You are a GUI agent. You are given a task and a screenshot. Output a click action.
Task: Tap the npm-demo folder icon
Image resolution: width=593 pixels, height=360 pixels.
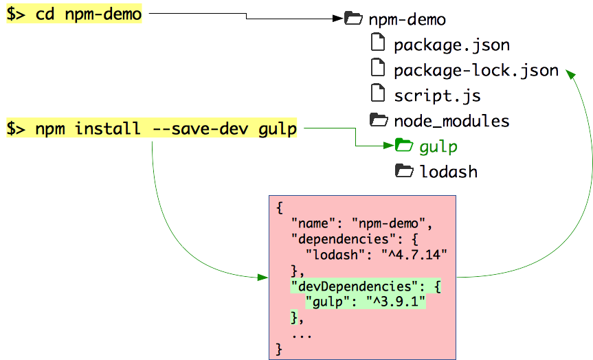[x=353, y=19]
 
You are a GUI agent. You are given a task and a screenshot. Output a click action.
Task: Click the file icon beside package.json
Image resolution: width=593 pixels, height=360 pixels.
[x=378, y=43]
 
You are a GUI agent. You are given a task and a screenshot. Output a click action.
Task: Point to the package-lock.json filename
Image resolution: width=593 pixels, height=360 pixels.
[x=475, y=70]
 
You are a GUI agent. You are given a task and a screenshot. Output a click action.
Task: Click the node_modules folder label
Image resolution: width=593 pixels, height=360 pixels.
[x=451, y=121]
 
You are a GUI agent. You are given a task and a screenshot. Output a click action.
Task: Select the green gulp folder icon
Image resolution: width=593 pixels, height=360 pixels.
[x=404, y=145]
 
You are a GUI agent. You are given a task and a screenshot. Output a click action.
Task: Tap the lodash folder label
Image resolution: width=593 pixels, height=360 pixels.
[x=448, y=171]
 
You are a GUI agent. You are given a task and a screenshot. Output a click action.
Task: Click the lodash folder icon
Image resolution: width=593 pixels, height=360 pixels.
[x=404, y=170]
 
